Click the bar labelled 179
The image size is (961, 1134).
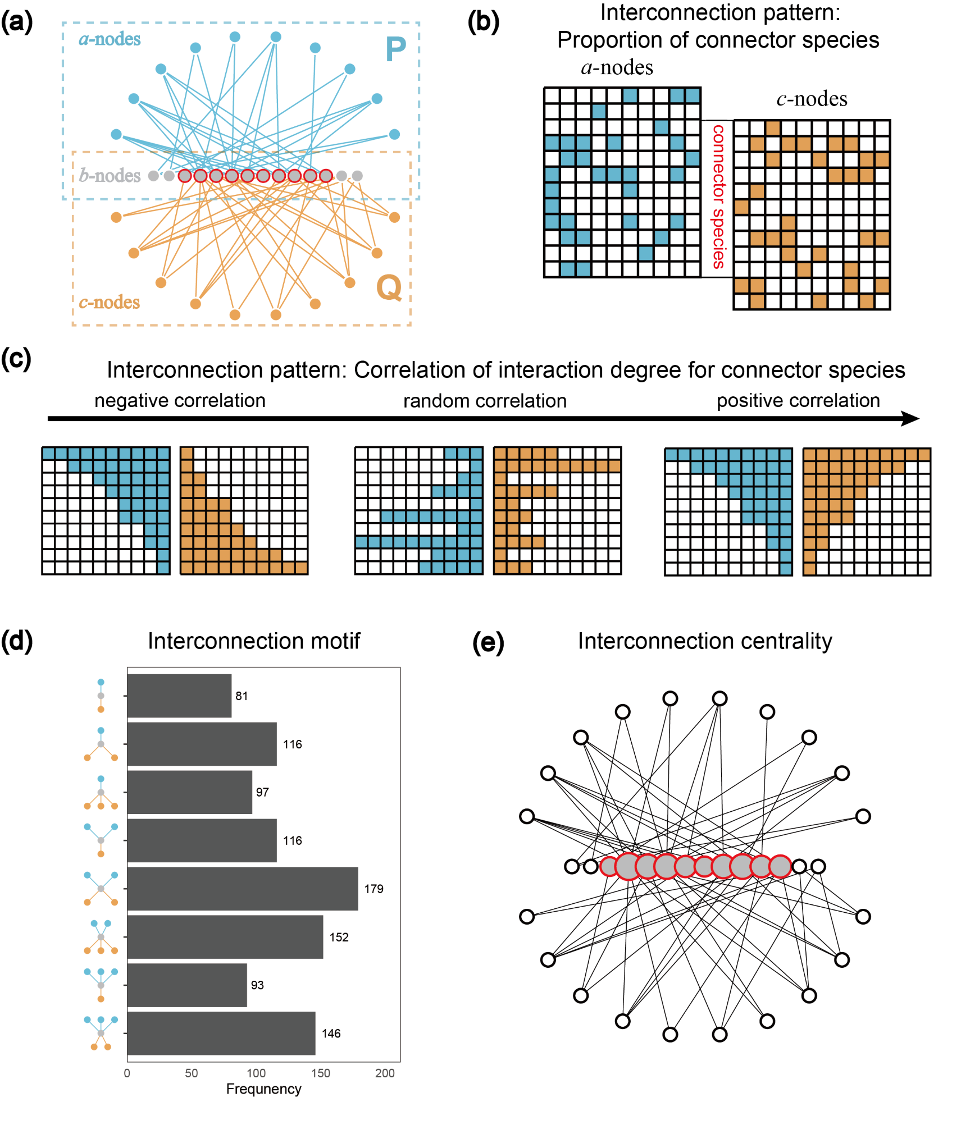click(243, 888)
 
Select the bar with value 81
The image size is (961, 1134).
click(179, 696)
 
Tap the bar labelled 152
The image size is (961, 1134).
click(225, 936)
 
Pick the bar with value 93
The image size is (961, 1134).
click(187, 985)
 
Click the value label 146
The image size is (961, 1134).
click(331, 1034)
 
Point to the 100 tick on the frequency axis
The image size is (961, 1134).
click(256, 1073)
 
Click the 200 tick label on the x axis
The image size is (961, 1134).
click(385, 1073)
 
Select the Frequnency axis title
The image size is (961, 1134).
click(263, 1089)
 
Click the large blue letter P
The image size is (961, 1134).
click(395, 49)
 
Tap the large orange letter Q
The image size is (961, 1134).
click(389, 287)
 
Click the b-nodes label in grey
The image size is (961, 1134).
click(110, 176)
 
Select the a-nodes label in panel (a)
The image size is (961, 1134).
click(110, 39)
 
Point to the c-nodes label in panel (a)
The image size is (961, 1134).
click(109, 302)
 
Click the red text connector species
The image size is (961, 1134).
click(718, 197)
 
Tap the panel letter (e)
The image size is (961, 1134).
click(488, 642)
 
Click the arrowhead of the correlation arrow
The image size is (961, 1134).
click(910, 418)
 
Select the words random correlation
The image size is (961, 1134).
click(485, 401)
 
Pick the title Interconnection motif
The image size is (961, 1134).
click(254, 641)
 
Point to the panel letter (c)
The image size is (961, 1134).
click(16, 358)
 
